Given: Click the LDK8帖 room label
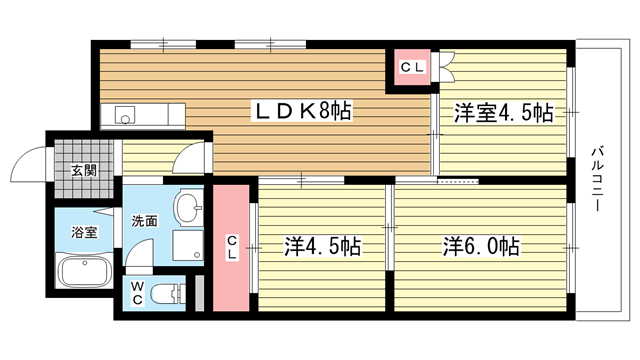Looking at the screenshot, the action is pos(302,111).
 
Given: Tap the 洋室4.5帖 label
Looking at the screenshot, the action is pos(504,113).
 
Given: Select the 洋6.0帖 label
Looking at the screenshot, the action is pos(482,247).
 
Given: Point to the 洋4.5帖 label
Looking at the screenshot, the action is pos(322,247).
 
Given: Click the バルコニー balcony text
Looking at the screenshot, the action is pos(597,178).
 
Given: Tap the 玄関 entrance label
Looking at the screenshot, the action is pos(84,170).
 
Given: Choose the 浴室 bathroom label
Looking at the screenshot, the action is pos(84,232).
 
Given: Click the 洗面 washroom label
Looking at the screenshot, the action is pos(144,221).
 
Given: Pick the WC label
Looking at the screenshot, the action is pos(137,293).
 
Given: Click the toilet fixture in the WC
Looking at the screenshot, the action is pos(168,294).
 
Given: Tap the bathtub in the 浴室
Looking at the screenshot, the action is pos(86,271).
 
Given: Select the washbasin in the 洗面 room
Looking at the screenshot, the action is pos(188,207).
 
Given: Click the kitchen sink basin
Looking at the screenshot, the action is pos(125,115).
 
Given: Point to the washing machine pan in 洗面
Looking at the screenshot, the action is pos(188,245).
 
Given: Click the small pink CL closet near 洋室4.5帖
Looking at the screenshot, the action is pos(412,67).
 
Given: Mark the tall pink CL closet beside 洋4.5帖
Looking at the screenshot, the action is pos(231,248).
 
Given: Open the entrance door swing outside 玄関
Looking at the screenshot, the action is pos(29,164).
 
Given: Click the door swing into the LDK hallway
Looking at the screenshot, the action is pos(188,158).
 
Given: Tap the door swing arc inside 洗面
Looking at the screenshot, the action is pos(139,253).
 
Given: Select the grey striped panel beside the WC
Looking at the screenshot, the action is pos(199,293).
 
